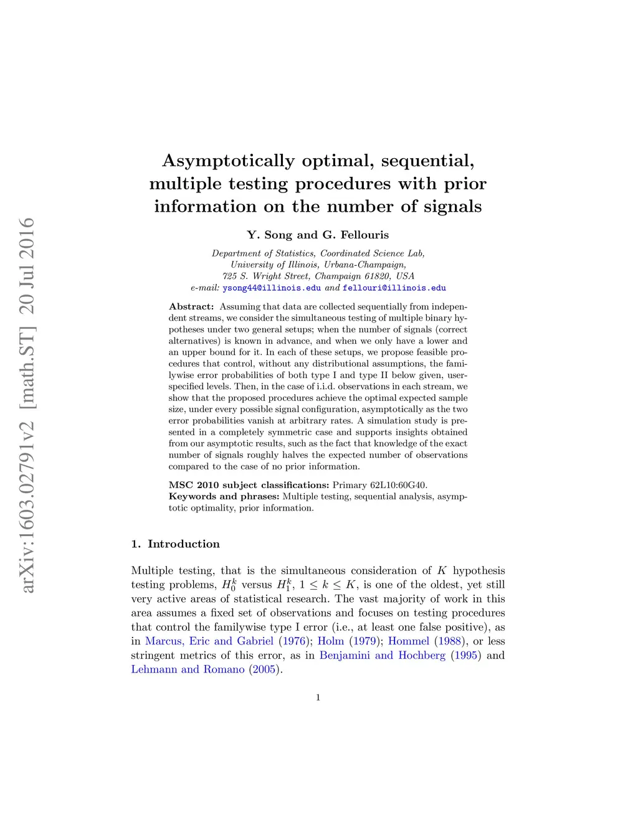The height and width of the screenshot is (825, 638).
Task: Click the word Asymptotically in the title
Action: pos(228,161)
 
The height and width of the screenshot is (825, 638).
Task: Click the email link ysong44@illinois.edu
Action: pos(272,288)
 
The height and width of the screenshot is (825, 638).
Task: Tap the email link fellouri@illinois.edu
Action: pos(394,288)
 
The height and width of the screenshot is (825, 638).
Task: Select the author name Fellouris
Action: pos(364,235)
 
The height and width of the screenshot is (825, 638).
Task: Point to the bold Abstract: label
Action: pos(191,307)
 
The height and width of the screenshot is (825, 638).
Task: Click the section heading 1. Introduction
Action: pos(176,544)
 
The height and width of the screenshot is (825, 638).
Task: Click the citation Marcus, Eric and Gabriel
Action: pos(209,641)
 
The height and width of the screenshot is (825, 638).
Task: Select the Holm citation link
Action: pos(331,641)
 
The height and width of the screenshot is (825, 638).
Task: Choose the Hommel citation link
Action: pos(409,641)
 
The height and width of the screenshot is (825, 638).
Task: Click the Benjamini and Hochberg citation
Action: pos(383,655)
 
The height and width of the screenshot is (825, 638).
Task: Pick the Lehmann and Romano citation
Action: pos(188,669)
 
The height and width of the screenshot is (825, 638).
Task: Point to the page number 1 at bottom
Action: pos(318,697)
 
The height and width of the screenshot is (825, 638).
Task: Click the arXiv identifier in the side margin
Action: pos(27,405)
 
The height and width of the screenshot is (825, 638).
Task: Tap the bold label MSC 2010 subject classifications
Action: pos(249,485)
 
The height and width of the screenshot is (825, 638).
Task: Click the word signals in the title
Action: pos(452,207)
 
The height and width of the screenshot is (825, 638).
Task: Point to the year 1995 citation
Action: pos(466,655)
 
